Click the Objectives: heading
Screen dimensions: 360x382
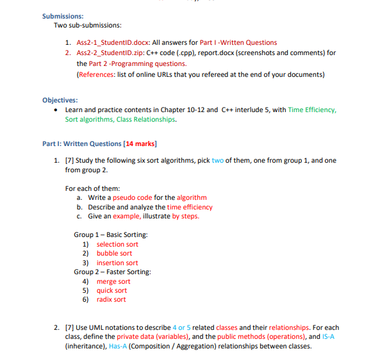(x=60, y=100)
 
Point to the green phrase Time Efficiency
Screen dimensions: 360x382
(x=312, y=110)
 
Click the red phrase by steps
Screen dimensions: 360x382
(x=186, y=216)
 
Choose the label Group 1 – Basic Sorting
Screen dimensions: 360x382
(x=110, y=234)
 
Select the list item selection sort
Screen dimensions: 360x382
(x=117, y=244)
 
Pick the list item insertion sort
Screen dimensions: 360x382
(x=117, y=263)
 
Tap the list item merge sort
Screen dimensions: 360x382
(x=113, y=281)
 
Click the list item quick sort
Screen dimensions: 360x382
(x=112, y=290)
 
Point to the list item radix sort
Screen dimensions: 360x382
(x=112, y=299)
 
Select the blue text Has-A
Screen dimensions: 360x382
(x=119, y=347)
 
